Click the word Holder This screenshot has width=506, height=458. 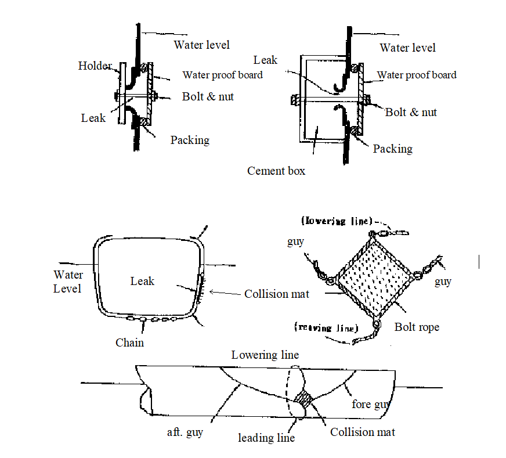click(x=95, y=66)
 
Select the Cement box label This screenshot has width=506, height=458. click(x=276, y=171)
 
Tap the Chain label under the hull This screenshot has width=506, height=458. click(x=129, y=342)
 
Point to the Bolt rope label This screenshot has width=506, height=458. click(x=417, y=327)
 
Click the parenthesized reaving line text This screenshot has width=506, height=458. click(x=326, y=327)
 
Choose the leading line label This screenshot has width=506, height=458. click(x=266, y=438)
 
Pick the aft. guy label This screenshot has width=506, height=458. click(x=185, y=432)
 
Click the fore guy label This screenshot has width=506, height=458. click(x=371, y=405)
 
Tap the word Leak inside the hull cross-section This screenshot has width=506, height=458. click(x=142, y=281)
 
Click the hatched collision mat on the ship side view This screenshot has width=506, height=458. click(x=303, y=399)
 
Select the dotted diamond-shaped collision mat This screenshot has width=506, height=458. click(x=374, y=278)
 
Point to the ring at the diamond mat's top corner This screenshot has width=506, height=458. click(x=372, y=234)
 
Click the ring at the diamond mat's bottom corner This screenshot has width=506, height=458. click(x=377, y=323)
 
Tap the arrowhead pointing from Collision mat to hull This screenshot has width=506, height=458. click(x=212, y=292)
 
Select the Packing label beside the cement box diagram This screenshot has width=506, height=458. click(x=393, y=149)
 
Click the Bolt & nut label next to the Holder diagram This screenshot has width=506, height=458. click(x=208, y=96)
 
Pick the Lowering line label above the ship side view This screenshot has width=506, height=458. click(x=265, y=355)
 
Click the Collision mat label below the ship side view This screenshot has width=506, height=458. click(x=363, y=432)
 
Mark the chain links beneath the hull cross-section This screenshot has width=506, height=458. click(x=151, y=319)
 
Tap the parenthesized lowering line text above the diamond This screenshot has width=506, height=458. click(x=337, y=221)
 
